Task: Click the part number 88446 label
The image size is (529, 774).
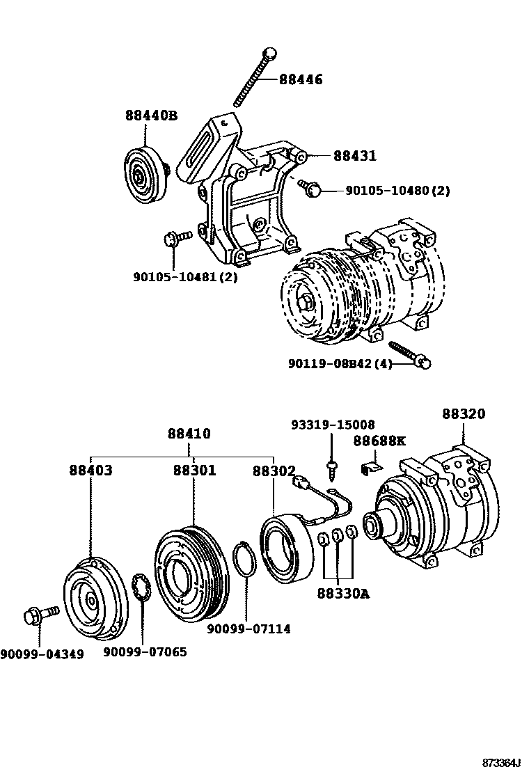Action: (x=301, y=80)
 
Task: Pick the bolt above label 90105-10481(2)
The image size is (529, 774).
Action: (x=176, y=239)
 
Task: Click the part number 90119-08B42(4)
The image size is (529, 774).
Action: (x=340, y=364)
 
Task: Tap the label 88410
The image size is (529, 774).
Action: (x=189, y=434)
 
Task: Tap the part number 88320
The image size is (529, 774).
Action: (x=463, y=414)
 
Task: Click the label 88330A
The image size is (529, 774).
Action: (x=342, y=594)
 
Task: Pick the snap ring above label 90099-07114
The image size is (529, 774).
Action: (x=243, y=560)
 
